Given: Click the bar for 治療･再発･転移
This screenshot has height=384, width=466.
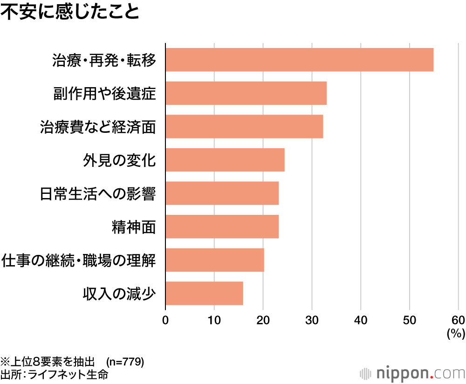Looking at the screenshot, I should click(299, 60).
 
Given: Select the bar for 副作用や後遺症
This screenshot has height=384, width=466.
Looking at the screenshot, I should click(246, 93).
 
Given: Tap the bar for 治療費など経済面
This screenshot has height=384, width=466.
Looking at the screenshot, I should click(244, 126).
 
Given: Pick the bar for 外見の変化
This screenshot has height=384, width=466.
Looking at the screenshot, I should click(225, 160).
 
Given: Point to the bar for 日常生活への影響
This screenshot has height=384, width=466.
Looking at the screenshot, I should click(222, 193).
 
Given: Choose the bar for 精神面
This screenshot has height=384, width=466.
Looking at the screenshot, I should click(222, 226).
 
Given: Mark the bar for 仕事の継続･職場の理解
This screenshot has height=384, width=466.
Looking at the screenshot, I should click(215, 260).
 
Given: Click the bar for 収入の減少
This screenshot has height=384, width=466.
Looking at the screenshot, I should click(204, 293).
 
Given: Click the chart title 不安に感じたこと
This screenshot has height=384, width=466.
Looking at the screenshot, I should click(70, 13).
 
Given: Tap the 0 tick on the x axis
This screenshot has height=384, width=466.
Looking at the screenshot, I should click(165, 320).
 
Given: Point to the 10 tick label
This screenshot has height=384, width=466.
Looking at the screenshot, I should click(214, 320).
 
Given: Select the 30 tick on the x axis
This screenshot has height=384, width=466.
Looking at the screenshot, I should click(312, 320).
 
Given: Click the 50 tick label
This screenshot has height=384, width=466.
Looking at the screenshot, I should click(410, 320).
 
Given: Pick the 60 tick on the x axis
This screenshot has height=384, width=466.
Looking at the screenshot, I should click(458, 320).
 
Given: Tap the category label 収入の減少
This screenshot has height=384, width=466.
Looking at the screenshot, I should click(119, 294).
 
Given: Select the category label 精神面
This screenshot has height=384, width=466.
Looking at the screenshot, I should click(134, 227).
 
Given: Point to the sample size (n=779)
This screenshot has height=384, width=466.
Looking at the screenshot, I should click(125, 362).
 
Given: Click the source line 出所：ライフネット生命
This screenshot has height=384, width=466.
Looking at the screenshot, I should click(55, 374).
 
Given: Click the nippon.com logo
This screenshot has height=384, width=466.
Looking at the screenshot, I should click(413, 373).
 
